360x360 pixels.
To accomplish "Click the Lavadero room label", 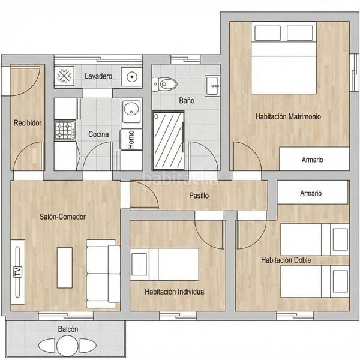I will point(98,76).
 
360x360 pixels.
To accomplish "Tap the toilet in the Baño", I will point(165,83).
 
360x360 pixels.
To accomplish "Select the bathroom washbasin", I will point(212,85).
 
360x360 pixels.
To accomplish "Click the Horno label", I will point(131,139).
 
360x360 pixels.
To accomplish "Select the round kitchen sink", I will point(131,109).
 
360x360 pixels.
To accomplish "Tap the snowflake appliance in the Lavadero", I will point(63,76).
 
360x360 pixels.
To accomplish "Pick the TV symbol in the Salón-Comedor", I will point(17,271).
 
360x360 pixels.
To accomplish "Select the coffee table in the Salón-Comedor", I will point(65,266).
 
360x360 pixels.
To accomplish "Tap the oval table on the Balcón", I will point(59,346).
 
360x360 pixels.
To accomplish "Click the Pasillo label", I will point(199,195).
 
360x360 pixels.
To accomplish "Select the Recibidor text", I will point(28,123).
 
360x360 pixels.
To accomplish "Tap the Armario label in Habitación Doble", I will point(311,193).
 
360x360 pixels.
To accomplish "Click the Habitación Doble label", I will point(286,260).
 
